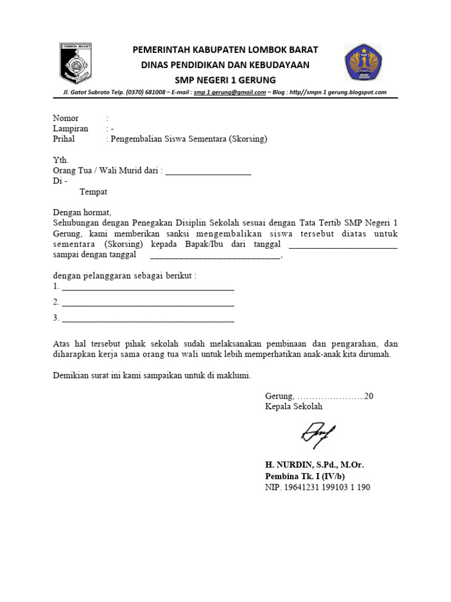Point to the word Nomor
point(66,118)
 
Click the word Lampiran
point(70,129)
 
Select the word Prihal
point(64,139)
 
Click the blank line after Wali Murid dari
point(208,172)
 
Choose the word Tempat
point(93,192)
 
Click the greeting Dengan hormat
point(82,213)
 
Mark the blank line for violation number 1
point(148,289)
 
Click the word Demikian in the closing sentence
point(72,374)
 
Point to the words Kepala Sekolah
point(294,406)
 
